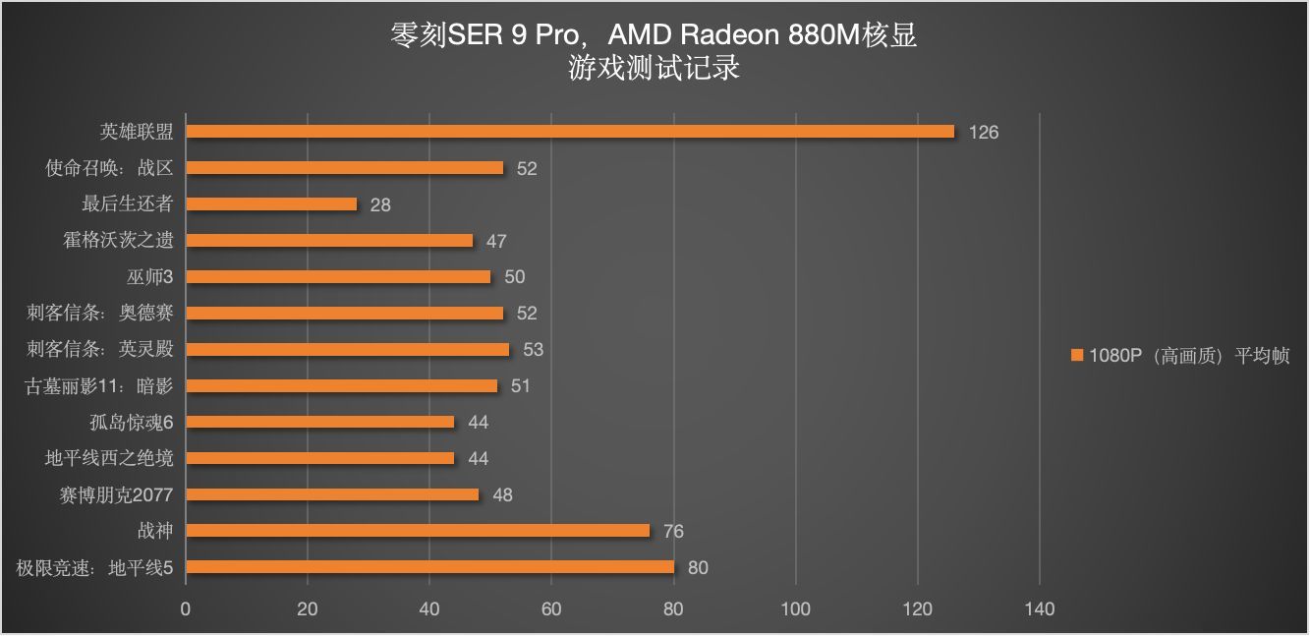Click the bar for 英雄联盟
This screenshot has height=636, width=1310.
(x=570, y=132)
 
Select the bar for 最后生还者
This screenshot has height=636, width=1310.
(x=271, y=204)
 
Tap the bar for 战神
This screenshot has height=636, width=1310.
(x=418, y=531)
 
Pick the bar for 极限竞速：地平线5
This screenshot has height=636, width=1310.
(x=429, y=567)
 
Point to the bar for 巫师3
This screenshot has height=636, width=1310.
(x=338, y=277)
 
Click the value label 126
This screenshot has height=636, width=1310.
(x=983, y=133)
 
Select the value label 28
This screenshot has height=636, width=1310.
(x=380, y=205)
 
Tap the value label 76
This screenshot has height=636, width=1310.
(x=673, y=532)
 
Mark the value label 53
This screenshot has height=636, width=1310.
(x=534, y=350)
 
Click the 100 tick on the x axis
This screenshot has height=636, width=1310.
(x=796, y=609)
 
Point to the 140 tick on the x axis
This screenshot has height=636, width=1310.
(x=1040, y=609)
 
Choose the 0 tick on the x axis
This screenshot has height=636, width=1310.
(x=186, y=609)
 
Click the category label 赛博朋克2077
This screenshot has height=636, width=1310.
(x=116, y=494)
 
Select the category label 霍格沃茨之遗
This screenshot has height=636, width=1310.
(x=118, y=241)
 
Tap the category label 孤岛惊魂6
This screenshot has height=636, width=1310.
(x=131, y=423)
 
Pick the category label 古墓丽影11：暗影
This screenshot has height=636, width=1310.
(x=98, y=386)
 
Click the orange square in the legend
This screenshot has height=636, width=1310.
(x=1078, y=356)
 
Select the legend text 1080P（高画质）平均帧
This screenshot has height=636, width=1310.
(x=1189, y=356)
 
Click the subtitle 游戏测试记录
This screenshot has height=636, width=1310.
(x=654, y=69)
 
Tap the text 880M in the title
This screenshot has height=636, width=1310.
(x=826, y=36)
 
